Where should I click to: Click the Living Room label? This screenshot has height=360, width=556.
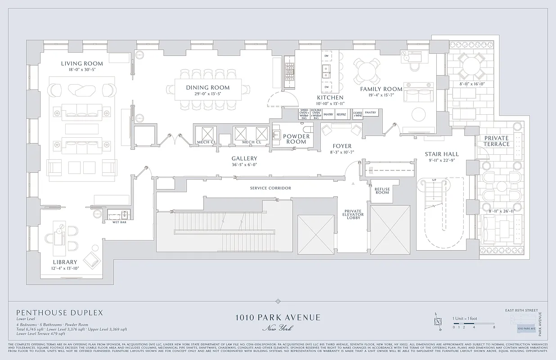point(82,63)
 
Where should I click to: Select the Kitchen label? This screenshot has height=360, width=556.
point(330,98)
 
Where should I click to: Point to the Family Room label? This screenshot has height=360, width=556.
point(381,89)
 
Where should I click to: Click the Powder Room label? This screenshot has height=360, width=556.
point(296,139)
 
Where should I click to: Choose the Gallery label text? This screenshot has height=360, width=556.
point(244,158)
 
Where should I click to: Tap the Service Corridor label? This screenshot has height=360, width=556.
point(270,188)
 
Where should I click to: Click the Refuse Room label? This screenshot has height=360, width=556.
point(382,191)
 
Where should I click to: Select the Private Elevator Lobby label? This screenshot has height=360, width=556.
point(354,215)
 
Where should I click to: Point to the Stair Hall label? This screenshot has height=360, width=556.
point(442,154)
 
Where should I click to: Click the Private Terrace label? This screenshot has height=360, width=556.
point(497,141)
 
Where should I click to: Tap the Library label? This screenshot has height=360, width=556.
point(65,262)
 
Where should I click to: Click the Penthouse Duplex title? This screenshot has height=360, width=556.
point(60,312)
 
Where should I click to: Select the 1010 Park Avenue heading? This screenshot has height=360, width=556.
point(278,317)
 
